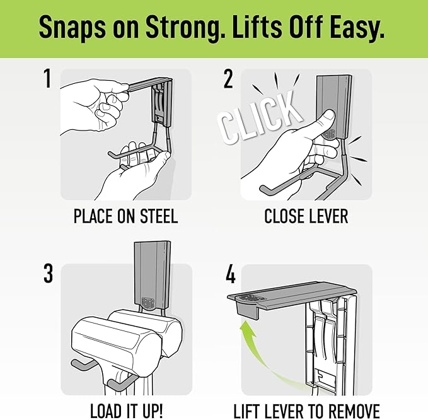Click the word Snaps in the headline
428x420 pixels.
tap(72, 27)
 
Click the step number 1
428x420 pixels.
tap(48, 78)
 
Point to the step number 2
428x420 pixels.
tap(228, 79)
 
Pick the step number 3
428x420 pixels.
tap(48, 273)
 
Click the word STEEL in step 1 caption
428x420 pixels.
tap(159, 216)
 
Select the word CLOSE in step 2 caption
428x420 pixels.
tap(282, 216)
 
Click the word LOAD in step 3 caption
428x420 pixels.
tap(106, 411)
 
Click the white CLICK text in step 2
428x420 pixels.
tap(259, 117)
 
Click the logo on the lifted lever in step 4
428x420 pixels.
tap(249, 298)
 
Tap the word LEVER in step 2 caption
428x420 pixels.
tap(327, 216)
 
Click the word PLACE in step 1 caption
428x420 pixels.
tap(93, 216)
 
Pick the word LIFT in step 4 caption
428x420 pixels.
tap(246, 411)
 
